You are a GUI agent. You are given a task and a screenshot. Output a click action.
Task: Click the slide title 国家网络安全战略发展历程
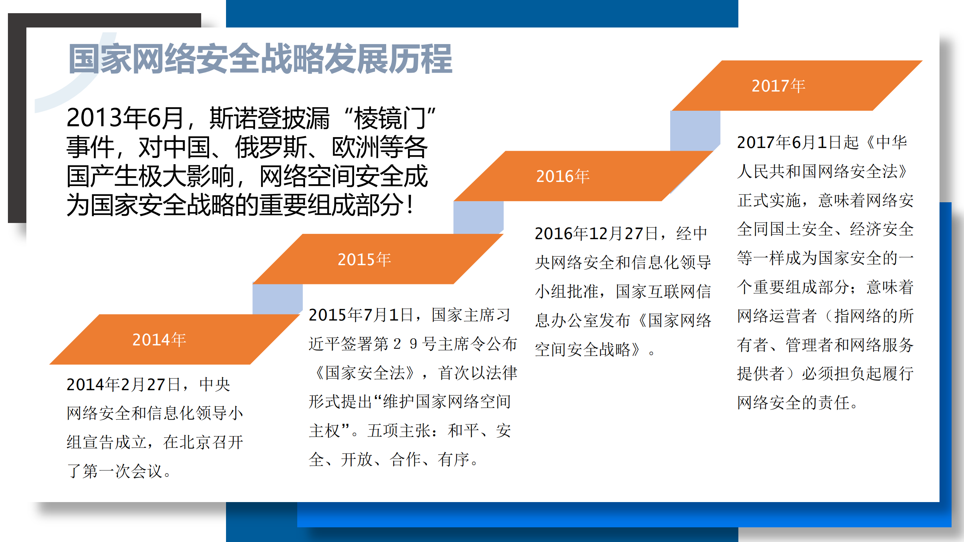pyautogui.click(x=260, y=59)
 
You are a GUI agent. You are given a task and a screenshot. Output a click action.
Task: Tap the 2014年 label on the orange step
pyautogui.click(x=159, y=339)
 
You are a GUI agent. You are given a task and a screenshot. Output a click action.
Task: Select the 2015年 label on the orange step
pyautogui.click(x=364, y=259)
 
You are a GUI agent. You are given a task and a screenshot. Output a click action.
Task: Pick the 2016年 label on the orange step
pyautogui.click(x=562, y=176)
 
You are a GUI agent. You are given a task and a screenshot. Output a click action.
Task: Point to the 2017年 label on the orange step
pyautogui.click(x=778, y=85)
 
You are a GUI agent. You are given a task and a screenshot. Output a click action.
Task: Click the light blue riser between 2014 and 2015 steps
pyautogui.click(x=277, y=299)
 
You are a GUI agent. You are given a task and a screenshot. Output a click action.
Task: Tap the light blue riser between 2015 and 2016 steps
pyautogui.click(x=478, y=217)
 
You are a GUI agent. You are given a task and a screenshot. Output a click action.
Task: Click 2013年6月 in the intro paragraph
pyautogui.click(x=125, y=118)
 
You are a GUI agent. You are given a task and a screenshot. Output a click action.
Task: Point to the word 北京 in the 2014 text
pyautogui.click(x=195, y=442)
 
